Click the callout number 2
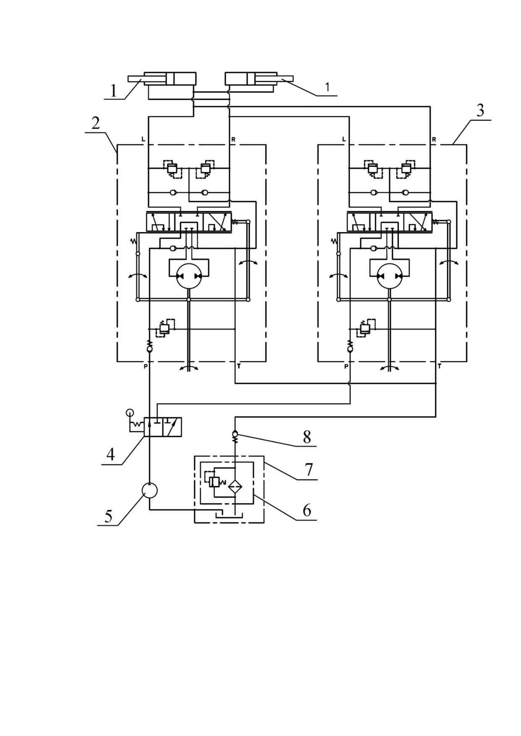pos(96,123)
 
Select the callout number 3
pos(480,110)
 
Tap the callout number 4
pos(110,454)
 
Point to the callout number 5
pos(109,516)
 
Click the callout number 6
pos(307,510)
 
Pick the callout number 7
pos(309,470)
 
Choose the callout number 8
pos(307,437)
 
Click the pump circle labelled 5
pos(149,490)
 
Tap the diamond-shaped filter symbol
pos(235,486)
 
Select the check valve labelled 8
pos(235,436)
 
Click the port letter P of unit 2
pos(146,366)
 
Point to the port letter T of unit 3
pos(440,366)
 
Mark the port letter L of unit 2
pos(143,139)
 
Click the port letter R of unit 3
pos(434,139)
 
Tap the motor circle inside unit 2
pos(189,276)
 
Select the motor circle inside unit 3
pos(389,276)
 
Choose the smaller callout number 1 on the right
pos(327,87)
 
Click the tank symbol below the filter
pos(229,515)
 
